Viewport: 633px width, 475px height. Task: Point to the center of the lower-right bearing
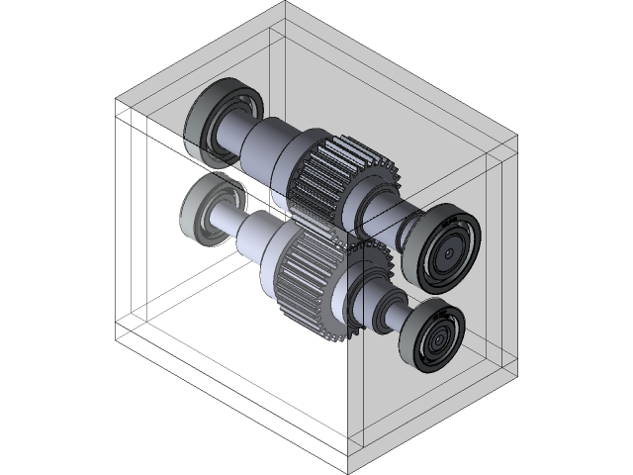click(436, 339)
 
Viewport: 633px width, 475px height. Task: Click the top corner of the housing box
click(286, 3)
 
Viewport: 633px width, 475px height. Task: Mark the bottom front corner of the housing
click(350, 473)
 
